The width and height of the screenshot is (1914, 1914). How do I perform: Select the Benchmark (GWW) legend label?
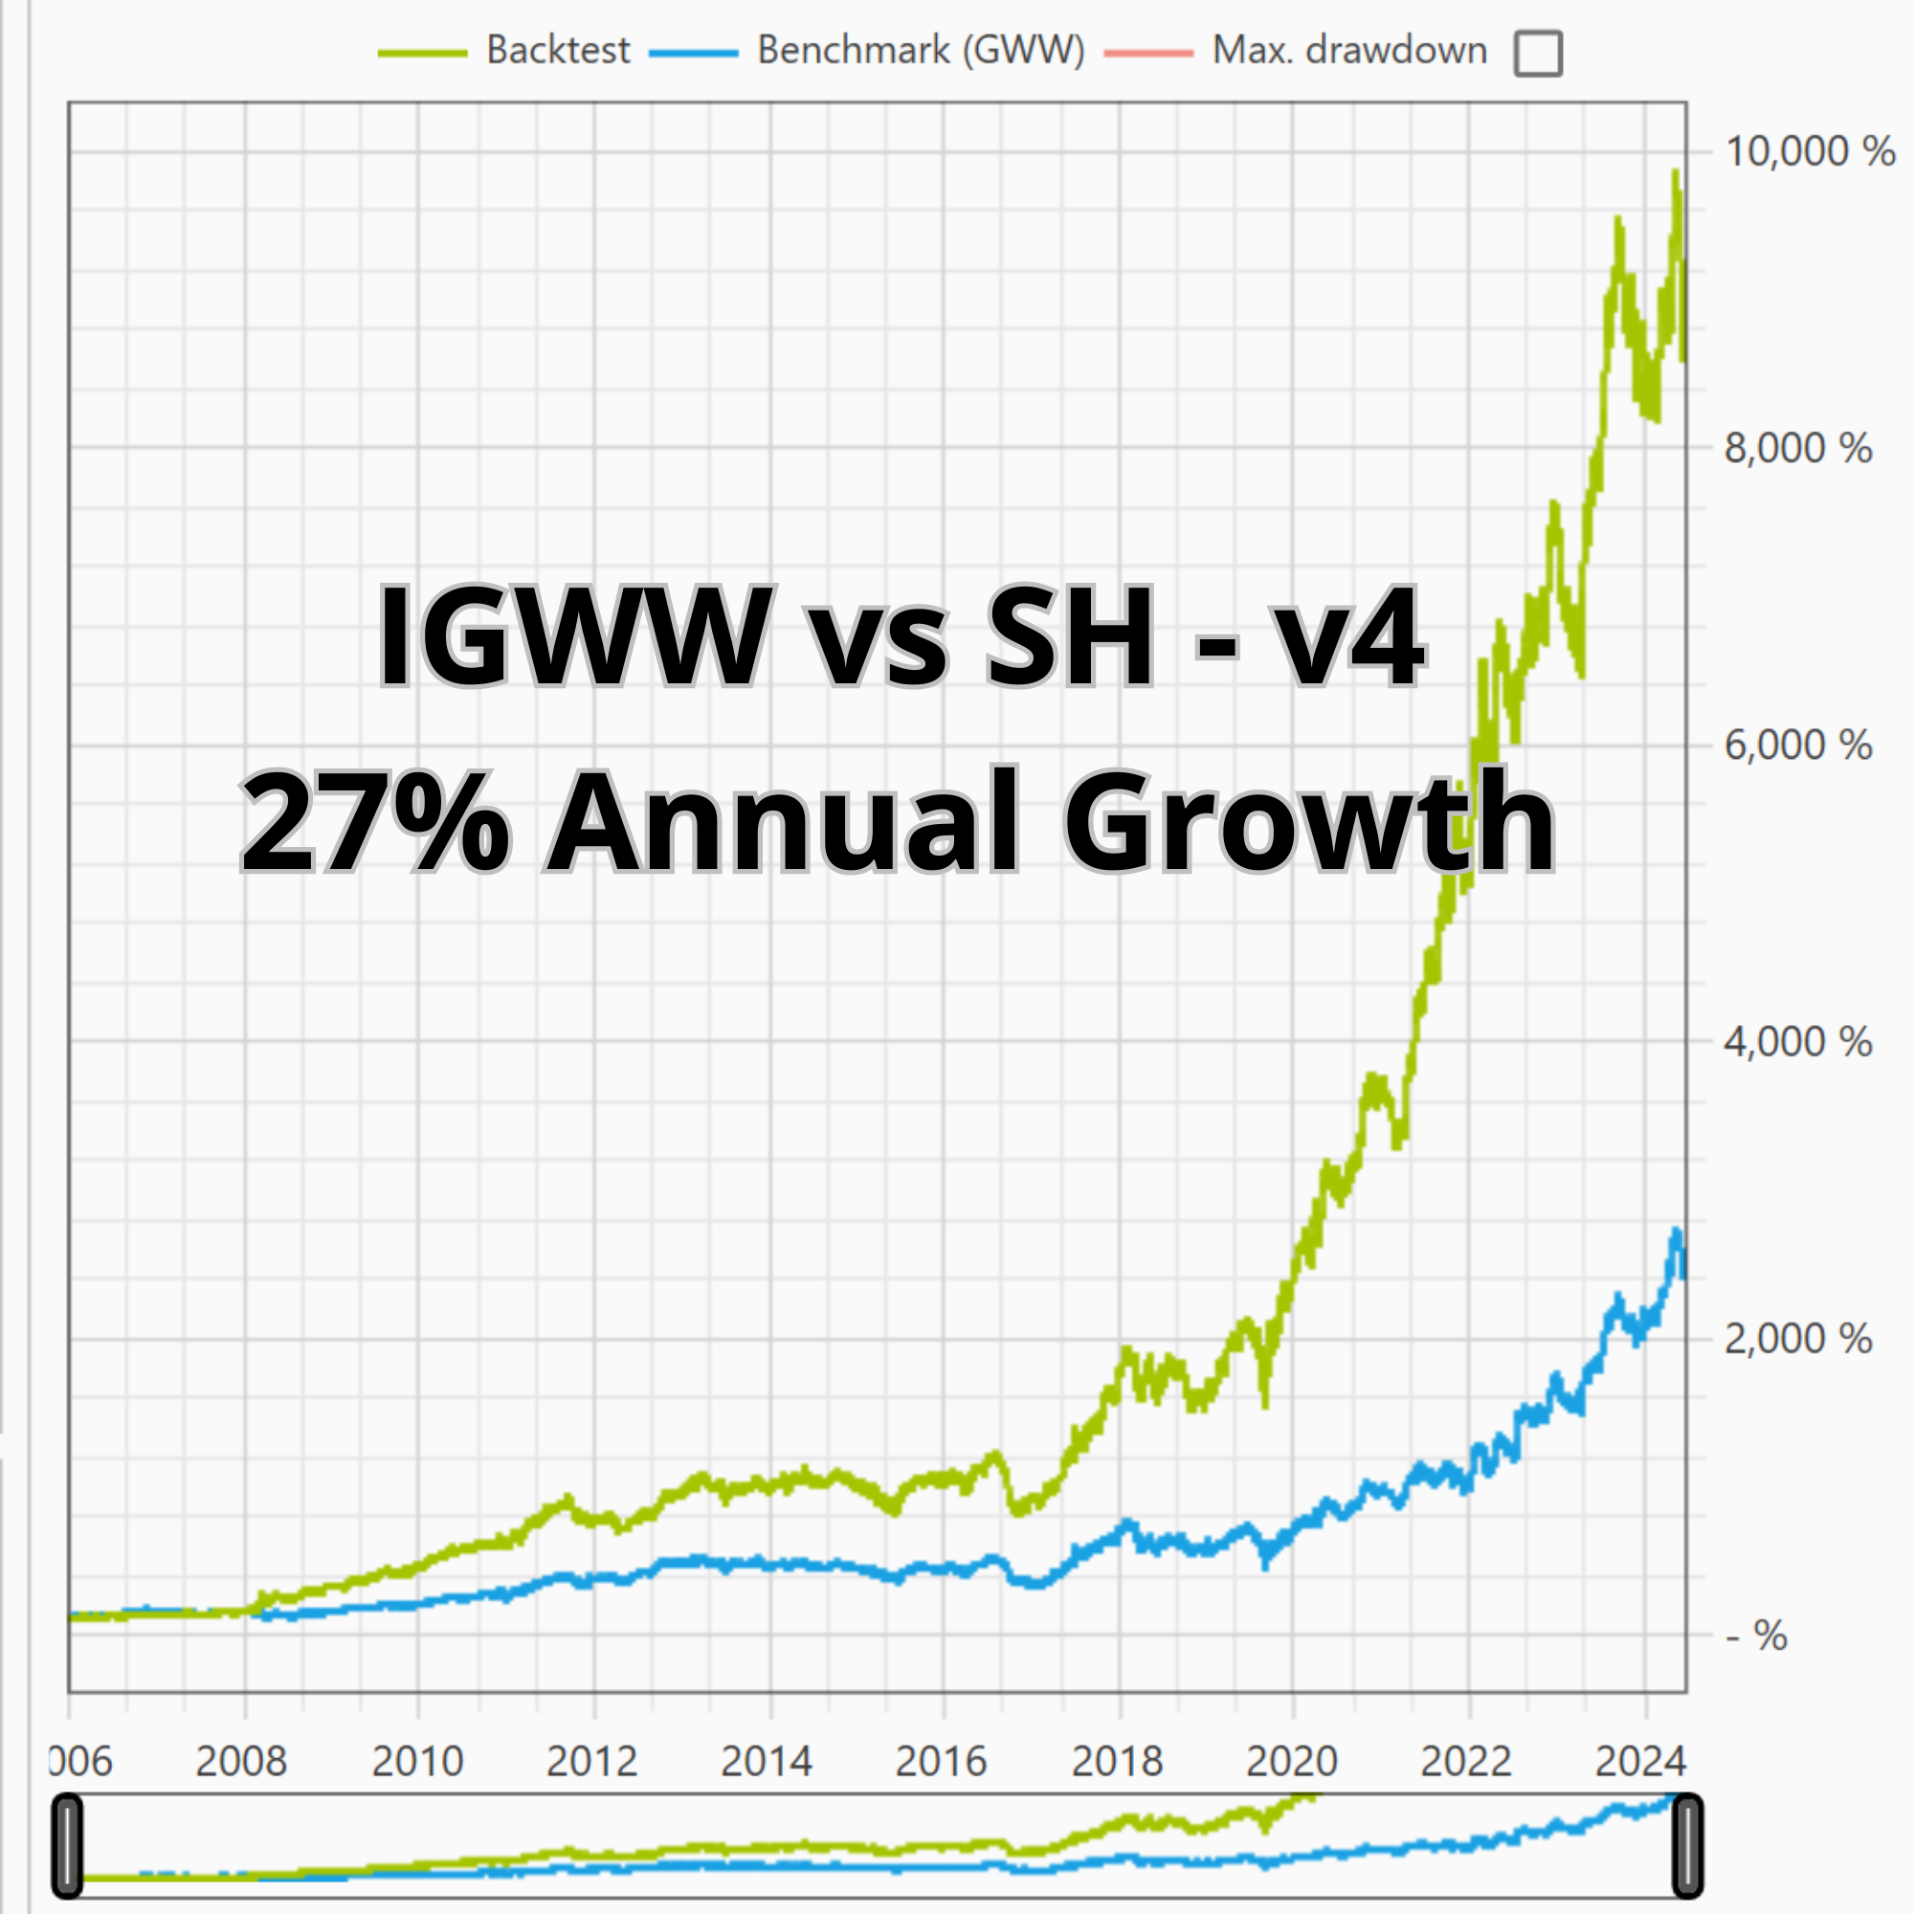click(x=921, y=51)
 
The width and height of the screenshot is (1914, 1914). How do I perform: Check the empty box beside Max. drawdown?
click(x=1538, y=54)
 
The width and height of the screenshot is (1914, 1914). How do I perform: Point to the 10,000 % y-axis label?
click(x=1809, y=151)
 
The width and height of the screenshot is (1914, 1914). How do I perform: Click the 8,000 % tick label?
click(x=1797, y=449)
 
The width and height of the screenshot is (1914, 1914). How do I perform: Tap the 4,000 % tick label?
click(x=1797, y=1042)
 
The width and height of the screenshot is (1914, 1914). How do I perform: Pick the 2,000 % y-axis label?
click(x=1797, y=1340)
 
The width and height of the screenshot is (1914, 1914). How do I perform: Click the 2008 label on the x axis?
click(x=241, y=1762)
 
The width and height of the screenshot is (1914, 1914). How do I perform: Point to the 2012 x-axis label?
click(x=591, y=1762)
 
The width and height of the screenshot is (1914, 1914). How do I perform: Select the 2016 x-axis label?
click(x=941, y=1762)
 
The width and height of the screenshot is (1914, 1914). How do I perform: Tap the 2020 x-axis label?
click(x=1291, y=1762)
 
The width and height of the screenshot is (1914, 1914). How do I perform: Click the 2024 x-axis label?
click(x=1640, y=1762)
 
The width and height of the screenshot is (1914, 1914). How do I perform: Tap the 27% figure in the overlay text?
click(x=374, y=822)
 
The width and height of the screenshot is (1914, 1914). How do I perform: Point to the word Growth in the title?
click(x=1308, y=822)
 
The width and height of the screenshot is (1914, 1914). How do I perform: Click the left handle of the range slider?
click(x=67, y=1846)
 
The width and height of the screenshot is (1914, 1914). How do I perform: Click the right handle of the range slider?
click(x=1687, y=1846)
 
